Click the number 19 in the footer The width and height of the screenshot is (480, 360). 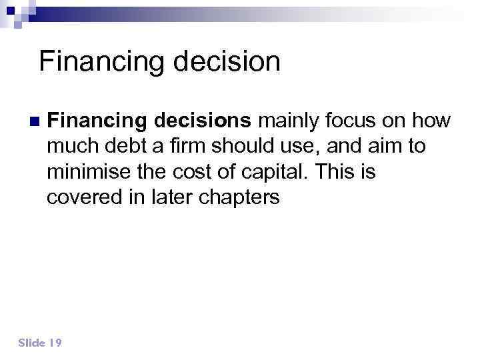tap(55, 343)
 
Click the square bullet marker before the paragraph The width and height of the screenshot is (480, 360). tap(34, 122)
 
